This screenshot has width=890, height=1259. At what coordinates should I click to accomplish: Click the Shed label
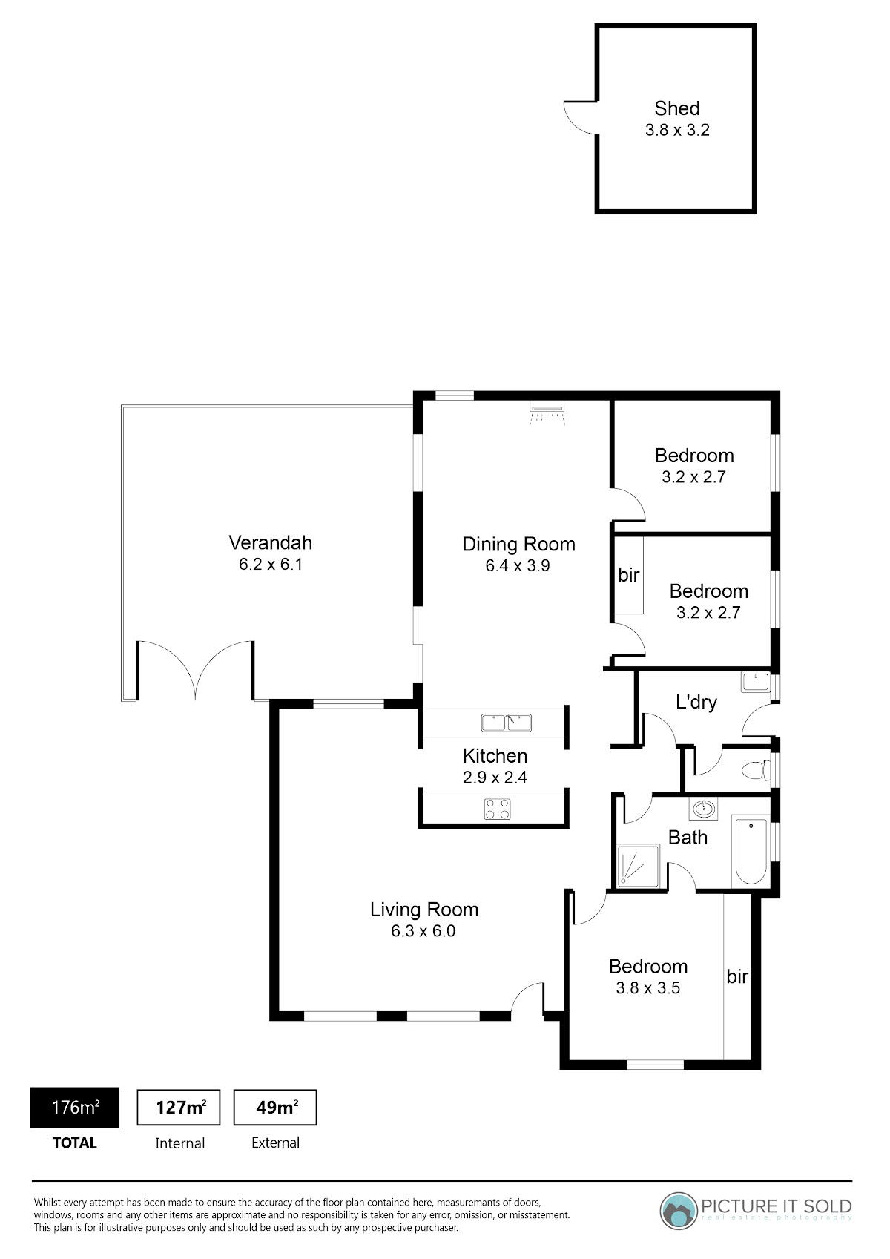point(676,108)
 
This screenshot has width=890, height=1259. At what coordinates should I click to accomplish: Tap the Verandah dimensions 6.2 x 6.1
point(271,564)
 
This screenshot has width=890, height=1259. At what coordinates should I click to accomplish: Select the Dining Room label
point(518,544)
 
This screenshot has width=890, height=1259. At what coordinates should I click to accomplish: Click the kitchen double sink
point(507,723)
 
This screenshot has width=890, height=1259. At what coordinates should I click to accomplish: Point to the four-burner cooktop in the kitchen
point(497,809)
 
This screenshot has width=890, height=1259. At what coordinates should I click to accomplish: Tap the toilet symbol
point(756,770)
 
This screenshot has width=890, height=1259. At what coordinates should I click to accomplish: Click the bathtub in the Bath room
point(751,852)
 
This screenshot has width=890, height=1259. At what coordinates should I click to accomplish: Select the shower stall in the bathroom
point(638,866)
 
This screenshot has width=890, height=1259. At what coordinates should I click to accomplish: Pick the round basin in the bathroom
point(703,809)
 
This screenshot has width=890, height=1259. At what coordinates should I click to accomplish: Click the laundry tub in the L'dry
point(756,683)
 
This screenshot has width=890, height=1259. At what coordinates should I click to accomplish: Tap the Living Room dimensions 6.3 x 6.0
point(423,931)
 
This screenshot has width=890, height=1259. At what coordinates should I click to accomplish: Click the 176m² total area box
point(75,1107)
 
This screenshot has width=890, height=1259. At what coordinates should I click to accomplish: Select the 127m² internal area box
point(179,1107)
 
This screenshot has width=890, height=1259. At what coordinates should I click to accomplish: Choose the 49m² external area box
point(275,1107)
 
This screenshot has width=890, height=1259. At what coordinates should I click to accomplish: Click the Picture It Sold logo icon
point(678,1212)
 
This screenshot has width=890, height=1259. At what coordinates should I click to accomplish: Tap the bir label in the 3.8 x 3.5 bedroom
point(737,976)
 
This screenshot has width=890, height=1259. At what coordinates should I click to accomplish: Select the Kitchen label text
point(495,755)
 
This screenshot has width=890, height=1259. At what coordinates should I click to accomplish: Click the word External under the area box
point(275,1143)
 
